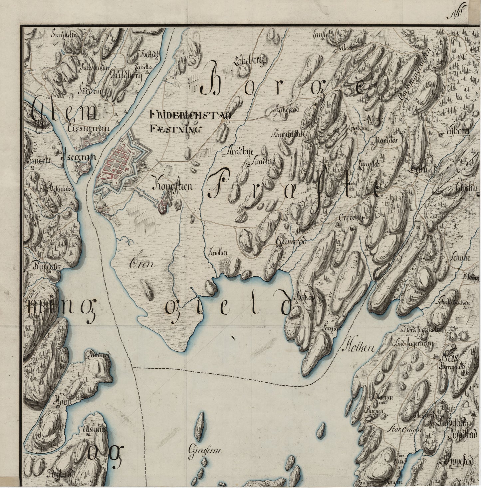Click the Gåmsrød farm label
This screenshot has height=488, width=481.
click(x=290, y=242)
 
